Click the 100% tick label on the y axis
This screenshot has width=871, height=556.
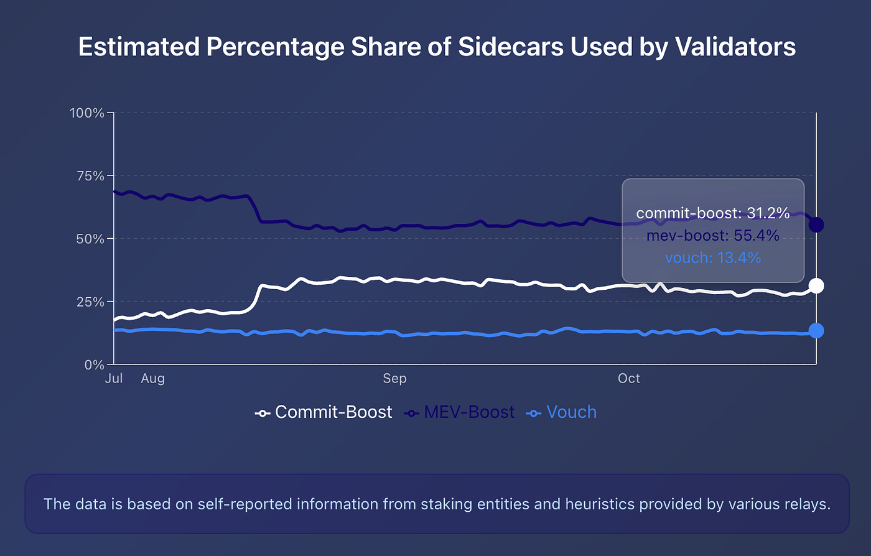(x=87, y=113)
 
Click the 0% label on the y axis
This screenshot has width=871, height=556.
(x=95, y=365)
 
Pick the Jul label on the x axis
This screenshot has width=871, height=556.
(x=114, y=379)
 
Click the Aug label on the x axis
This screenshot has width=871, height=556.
(x=152, y=379)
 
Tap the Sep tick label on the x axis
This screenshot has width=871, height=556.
(x=394, y=379)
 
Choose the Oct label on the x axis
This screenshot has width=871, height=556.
(x=629, y=379)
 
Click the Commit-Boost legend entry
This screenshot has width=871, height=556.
(x=324, y=412)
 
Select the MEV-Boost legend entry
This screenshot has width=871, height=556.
(x=460, y=412)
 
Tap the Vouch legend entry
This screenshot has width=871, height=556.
(x=562, y=412)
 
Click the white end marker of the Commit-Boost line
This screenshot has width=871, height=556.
(x=816, y=285)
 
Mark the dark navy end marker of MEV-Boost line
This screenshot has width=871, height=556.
(x=816, y=225)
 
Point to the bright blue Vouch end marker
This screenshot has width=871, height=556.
(x=816, y=330)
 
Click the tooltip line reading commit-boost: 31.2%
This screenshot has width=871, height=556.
(x=713, y=213)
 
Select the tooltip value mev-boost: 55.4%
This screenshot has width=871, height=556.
(x=713, y=236)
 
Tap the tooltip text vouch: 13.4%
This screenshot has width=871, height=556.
(x=713, y=257)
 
